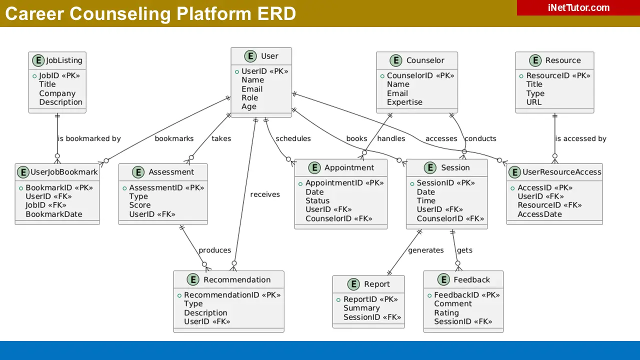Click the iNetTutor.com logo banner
578,8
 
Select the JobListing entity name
64,60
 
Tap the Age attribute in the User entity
248,106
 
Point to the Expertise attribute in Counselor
404,102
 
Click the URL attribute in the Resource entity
533,102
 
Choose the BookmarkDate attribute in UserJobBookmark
54,214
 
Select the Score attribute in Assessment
139,205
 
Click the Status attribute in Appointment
317,200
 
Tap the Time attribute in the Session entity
426,200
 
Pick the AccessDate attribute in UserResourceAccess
539,214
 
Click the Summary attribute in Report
361,308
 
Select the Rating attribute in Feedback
446,312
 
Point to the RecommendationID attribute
232,295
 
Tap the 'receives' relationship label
265,194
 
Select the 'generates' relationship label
425,250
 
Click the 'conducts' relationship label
480,138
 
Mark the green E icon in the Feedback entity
443,280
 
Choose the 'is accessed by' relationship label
580,138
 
